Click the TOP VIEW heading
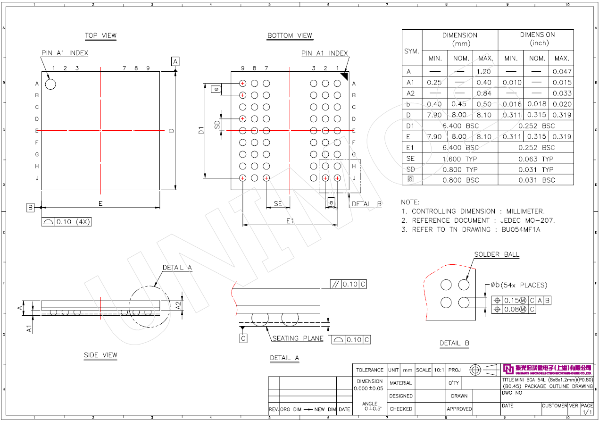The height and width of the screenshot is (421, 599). coord(100,35)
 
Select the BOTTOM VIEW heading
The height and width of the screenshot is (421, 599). coord(290,35)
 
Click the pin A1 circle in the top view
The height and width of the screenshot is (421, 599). coord(50,84)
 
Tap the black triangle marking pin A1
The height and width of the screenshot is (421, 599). coord(344,75)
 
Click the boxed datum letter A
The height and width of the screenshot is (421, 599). coord(175,61)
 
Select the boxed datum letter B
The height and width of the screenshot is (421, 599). coord(30,207)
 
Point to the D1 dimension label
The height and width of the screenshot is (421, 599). coord(201,131)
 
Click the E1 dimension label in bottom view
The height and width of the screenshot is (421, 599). coord(290,221)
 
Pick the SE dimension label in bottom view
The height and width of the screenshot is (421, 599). coord(278,203)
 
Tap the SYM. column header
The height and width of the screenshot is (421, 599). coord(412,51)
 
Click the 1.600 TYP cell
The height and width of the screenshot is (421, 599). coord(460,159)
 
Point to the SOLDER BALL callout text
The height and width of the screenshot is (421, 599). coord(497,254)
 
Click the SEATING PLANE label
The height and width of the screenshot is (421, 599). coord(298,338)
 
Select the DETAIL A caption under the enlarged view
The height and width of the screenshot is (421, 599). coord(284,358)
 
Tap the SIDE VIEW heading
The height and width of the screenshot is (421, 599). coord(100,355)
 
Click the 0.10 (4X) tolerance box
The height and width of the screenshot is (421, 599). coord(66,222)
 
